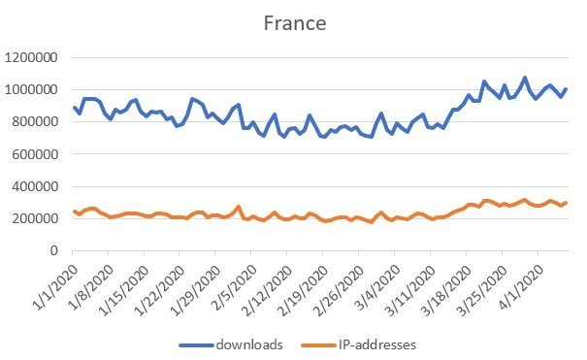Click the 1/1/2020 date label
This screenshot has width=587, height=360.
(x=56, y=280)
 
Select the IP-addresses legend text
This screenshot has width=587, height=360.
(x=380, y=343)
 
